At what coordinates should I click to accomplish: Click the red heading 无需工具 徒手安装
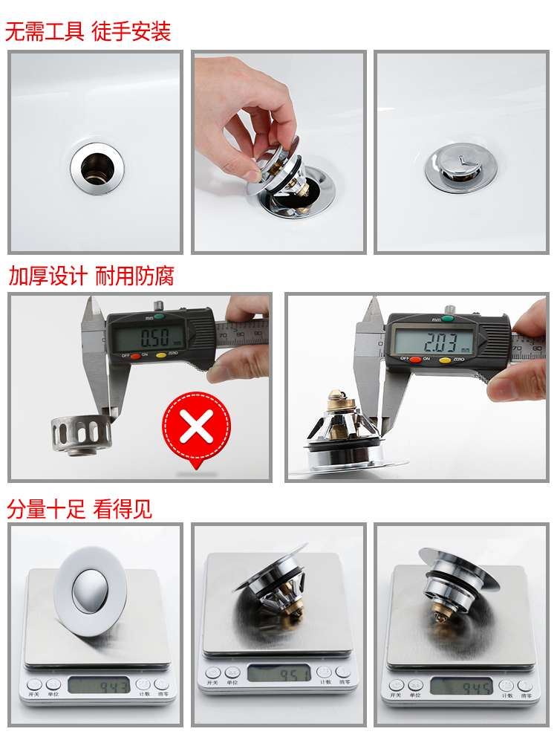point(88,31)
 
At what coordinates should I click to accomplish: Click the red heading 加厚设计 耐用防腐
point(91,276)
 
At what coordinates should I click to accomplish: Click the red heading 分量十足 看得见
point(79,509)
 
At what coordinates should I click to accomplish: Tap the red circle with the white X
point(196,426)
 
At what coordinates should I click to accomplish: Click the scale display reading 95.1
point(278,674)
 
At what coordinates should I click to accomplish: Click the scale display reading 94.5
point(460,686)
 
